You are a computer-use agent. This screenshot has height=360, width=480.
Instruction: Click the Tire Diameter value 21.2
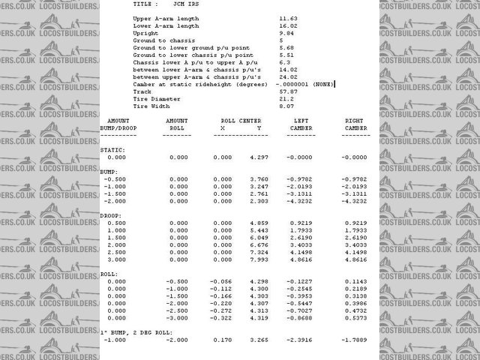coord(286,99)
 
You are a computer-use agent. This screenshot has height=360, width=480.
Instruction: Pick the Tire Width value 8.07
coord(286,106)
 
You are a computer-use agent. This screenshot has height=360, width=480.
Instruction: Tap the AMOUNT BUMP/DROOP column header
coord(118,124)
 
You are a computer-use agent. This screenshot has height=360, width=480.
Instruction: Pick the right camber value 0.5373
coord(355,318)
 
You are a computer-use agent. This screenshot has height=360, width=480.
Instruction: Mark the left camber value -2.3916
coord(300,339)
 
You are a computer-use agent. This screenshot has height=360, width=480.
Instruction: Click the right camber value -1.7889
coord(355,339)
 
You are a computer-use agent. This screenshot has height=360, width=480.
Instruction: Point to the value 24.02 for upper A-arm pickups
coord(288,76)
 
